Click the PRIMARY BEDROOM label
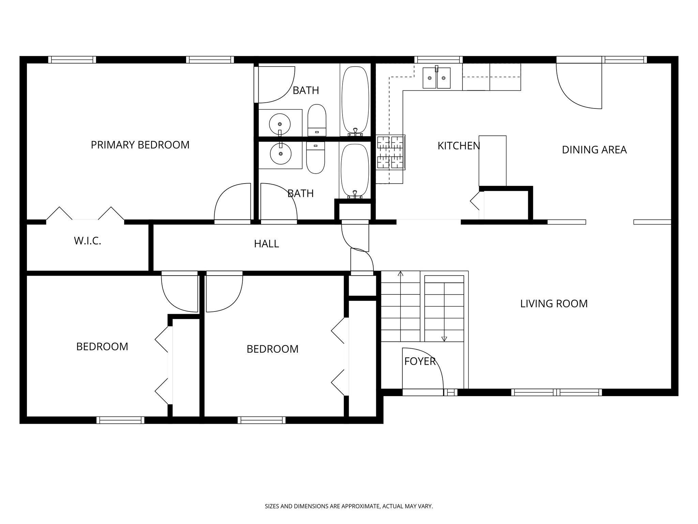click(x=140, y=145)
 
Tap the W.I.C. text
click(x=88, y=241)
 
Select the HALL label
click(x=267, y=244)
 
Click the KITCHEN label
click(x=459, y=146)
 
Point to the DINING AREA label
click(x=594, y=150)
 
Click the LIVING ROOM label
click(x=554, y=304)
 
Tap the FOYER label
click(x=420, y=361)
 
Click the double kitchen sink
click(x=437, y=78)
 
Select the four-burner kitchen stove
click(x=391, y=152)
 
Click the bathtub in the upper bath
click(x=355, y=101)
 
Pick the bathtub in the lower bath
click(x=355, y=171)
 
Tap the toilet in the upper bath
click(x=317, y=120)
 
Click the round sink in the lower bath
click(x=280, y=154)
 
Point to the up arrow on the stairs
click(x=400, y=274)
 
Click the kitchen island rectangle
click(x=492, y=161)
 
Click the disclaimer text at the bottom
click(x=349, y=506)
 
